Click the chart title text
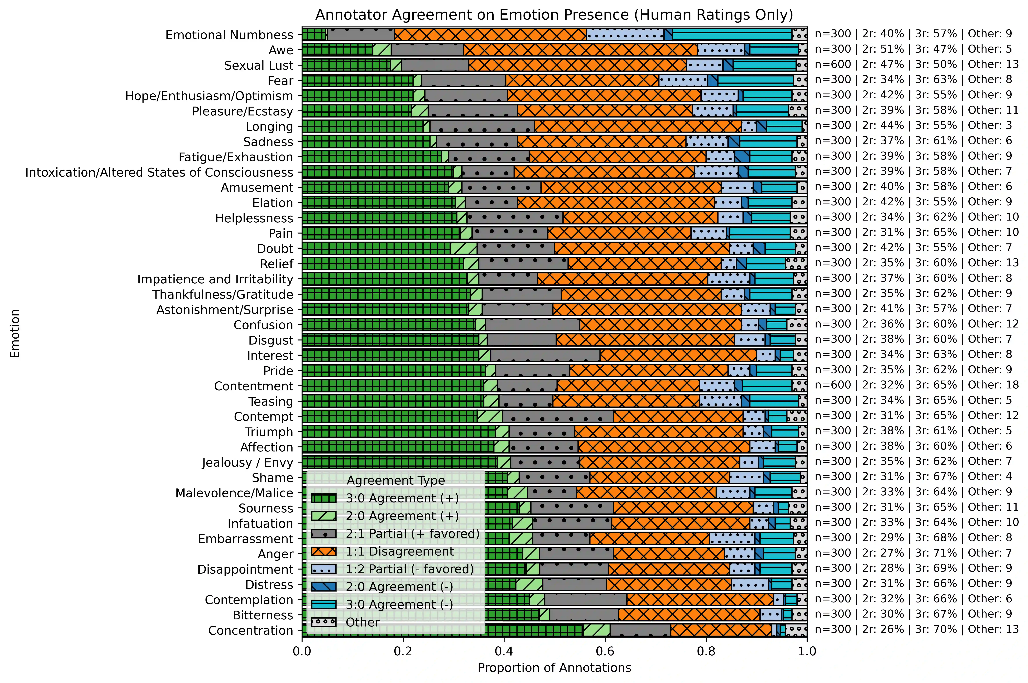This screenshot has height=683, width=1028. coord(554,15)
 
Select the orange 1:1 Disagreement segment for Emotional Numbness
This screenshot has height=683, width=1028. coord(490,34)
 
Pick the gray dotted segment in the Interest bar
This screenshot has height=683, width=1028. coord(545,355)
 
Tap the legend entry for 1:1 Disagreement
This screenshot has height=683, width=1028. coord(399,551)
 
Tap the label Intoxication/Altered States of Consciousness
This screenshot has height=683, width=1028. coord(159,173)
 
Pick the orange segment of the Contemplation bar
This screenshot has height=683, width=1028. coord(700,600)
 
